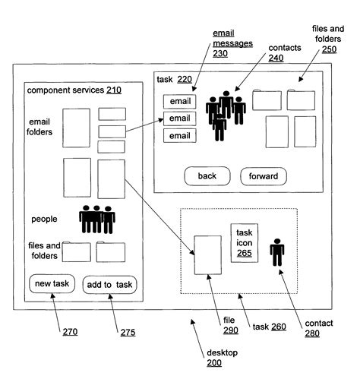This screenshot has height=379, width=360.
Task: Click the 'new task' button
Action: (51, 284)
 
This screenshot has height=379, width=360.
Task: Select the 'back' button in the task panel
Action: (207, 176)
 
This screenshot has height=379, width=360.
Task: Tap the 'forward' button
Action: (264, 176)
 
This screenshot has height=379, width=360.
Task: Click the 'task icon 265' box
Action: (245, 242)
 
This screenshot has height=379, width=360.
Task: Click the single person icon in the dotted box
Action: (277, 251)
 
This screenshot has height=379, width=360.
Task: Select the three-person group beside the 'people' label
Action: (97, 219)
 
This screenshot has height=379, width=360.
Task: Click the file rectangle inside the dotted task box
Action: (207, 254)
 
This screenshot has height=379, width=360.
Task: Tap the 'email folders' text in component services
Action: (40, 126)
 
